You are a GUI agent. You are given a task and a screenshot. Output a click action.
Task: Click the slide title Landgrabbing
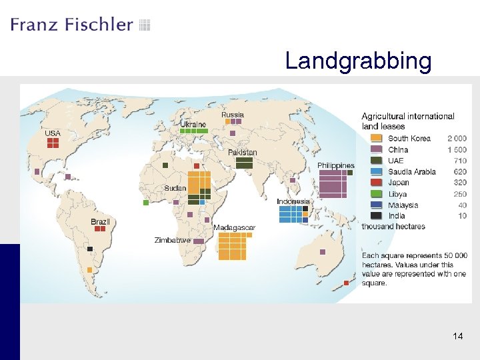coord(358,61)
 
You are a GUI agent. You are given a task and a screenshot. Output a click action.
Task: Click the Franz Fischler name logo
coord(72,25)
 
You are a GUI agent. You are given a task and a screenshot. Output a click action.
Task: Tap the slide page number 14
coord(457,336)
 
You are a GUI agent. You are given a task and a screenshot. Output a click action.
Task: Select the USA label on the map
coord(53,133)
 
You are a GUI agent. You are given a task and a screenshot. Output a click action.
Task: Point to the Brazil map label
coord(100,221)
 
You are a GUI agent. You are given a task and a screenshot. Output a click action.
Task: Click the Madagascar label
coord(234,228)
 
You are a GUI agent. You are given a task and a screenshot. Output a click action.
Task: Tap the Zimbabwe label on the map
coord(172,240)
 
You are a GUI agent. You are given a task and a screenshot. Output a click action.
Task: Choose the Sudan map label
coord(175,188)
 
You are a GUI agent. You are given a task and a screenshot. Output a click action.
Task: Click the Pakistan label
coord(242,153)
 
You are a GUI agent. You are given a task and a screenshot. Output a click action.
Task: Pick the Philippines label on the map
coord(335,165)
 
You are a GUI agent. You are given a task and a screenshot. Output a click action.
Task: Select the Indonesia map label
coord(293,201)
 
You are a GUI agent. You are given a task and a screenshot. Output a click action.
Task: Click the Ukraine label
coord(193,124)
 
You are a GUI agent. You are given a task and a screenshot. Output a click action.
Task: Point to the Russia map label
coord(233,115)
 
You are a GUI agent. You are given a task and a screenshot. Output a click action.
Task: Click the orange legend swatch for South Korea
coord(376,139)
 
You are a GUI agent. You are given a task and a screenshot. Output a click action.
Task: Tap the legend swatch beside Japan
coord(376,183)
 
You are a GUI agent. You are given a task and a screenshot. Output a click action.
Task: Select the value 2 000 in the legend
coord(457,139)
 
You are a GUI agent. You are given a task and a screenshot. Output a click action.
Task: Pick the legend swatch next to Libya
coord(376,194)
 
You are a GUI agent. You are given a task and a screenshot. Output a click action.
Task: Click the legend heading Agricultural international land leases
coord(408,121)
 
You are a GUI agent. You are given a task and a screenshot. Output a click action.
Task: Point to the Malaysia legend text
coord(403,205)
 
